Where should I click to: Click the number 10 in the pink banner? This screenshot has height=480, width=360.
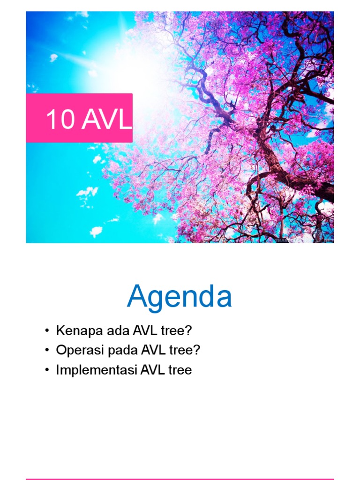coord(60,120)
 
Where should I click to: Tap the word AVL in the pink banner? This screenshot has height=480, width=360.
coord(107,120)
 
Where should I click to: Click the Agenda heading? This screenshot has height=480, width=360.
coord(180,297)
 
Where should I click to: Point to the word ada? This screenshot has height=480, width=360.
coord(105,330)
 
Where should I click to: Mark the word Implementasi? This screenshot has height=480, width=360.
coord(97,370)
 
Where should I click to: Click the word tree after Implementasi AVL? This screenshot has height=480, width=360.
coord(180,370)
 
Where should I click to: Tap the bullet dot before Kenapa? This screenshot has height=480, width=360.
coord(47,331)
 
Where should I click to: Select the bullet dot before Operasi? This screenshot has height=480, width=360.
coord(47,351)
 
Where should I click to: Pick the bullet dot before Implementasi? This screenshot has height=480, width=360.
coord(47,370)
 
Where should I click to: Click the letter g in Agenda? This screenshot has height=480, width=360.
coord(157,300)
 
